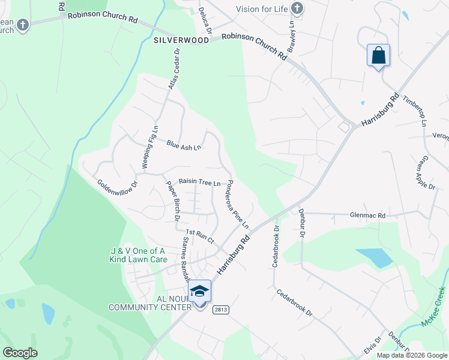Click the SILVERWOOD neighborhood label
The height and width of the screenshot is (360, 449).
[x=181, y=40]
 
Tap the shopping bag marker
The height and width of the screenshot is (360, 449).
[x=378, y=56]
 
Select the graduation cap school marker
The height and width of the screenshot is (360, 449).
[x=199, y=292]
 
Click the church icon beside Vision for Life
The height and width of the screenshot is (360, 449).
[x=296, y=8]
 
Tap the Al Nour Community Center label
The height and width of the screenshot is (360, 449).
[x=149, y=302]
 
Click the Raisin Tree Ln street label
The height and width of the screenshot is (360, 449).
[x=200, y=182]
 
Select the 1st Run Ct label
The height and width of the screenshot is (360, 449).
[x=200, y=235]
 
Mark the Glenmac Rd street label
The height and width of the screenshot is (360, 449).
[x=368, y=215]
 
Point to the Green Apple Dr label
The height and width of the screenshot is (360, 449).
[x=424, y=173]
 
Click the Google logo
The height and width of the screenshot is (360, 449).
[x=20, y=353]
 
